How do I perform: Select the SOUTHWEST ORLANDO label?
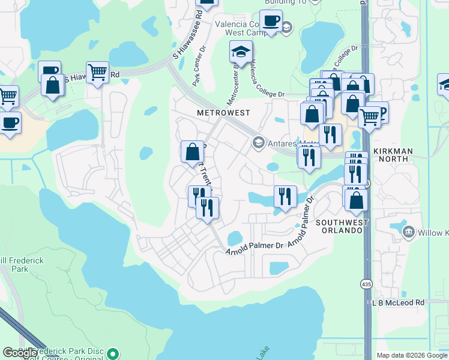[342, 227]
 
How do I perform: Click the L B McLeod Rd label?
[397, 302]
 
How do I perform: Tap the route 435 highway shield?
[365, 283]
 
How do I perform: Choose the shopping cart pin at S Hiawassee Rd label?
[97, 72]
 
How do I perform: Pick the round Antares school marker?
[259, 142]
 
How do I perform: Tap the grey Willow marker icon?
[408, 232]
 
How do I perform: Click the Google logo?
[20, 353]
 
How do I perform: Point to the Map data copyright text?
[411, 355]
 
